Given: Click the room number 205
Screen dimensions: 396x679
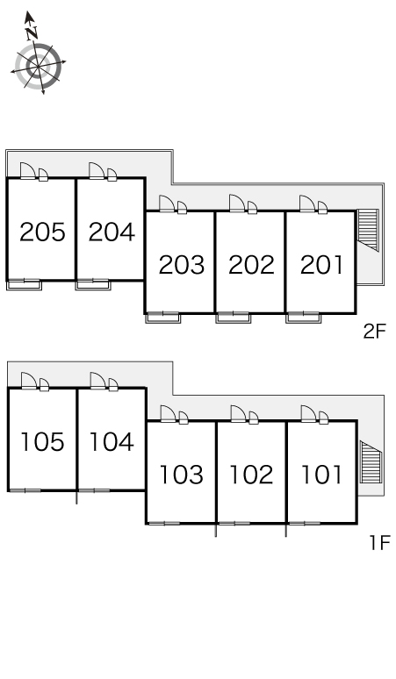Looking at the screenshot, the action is [x=42, y=232].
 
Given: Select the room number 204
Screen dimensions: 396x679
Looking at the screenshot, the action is [x=112, y=232].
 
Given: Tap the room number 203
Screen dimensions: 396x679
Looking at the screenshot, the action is [x=182, y=265].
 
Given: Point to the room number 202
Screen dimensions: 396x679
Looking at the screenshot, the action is [x=251, y=265].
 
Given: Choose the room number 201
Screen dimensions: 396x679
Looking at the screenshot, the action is [x=321, y=265].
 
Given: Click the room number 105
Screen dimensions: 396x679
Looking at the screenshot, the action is [x=42, y=441].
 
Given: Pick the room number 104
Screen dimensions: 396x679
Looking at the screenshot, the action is [x=112, y=441].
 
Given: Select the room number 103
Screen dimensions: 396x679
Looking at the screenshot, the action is [x=182, y=475].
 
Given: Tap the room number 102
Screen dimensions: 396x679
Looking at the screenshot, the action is [x=251, y=475].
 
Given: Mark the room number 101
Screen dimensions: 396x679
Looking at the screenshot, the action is [x=321, y=475].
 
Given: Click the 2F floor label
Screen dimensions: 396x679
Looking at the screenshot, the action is [x=374, y=332].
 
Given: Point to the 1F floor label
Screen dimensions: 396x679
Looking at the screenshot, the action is [x=379, y=543].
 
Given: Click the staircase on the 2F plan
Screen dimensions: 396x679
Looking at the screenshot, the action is [x=368, y=230].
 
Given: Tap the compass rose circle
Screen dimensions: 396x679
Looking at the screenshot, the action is [x=38, y=66].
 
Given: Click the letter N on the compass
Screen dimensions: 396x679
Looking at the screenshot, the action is [x=31, y=32].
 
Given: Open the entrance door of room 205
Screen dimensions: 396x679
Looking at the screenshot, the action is [x=27, y=170].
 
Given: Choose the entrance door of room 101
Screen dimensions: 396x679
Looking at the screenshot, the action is [x=307, y=413].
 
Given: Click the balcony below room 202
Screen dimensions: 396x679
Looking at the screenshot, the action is [x=234, y=318].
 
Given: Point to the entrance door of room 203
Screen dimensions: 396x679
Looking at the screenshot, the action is [x=166, y=204].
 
